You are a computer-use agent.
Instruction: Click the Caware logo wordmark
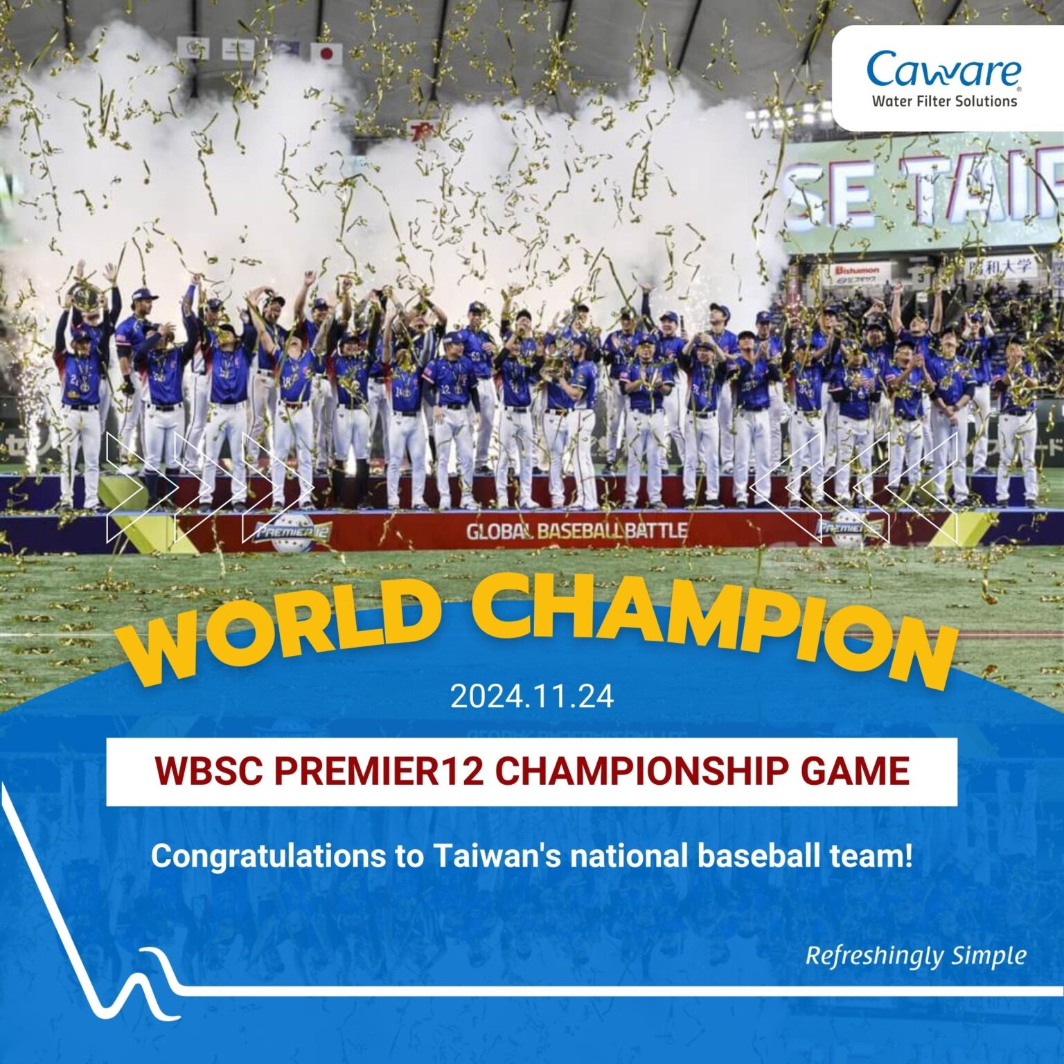pos(943,70)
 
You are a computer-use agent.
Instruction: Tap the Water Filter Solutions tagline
pos(944,101)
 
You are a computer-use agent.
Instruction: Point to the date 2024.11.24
pos(531,696)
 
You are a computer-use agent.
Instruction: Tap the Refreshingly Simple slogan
pos(915,956)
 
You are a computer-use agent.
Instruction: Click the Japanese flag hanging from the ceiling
pos(326,53)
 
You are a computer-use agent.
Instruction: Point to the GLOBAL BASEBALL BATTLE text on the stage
pos(576,531)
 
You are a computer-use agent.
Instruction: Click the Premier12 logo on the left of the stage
pos(292,533)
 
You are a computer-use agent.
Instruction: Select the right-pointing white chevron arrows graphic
pos(208,487)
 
